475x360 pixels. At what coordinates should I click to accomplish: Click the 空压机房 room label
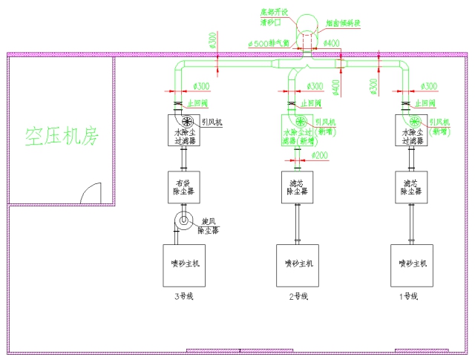click(61, 136)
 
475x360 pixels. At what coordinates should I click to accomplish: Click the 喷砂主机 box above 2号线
click(298, 265)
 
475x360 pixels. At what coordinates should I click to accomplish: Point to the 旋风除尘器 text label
click(210, 225)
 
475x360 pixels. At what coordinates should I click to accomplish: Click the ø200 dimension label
click(320, 155)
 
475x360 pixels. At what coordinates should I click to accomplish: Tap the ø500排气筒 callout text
click(268, 44)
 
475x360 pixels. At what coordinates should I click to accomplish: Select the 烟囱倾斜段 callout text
click(343, 23)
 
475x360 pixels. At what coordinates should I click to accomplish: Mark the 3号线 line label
click(183, 297)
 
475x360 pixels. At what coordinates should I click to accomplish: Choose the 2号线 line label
click(298, 297)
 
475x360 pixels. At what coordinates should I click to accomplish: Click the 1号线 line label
click(409, 297)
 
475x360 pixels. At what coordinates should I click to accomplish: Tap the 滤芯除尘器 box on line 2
click(298, 186)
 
